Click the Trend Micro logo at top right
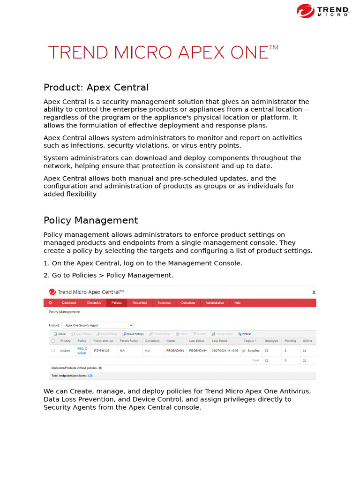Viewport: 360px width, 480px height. (323, 11)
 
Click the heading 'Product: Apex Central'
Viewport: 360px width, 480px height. (96, 88)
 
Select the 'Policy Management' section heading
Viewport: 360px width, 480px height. (90, 220)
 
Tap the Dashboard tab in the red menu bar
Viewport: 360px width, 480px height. (69, 303)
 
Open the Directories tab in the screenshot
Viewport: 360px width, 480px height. (94, 303)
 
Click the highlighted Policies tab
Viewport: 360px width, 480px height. (116, 303)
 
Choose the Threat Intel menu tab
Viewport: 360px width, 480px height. (140, 303)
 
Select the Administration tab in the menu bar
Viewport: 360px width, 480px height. (215, 303)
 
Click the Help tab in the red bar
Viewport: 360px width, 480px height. (237, 303)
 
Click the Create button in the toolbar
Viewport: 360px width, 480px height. (60, 334)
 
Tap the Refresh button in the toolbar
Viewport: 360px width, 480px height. (245, 334)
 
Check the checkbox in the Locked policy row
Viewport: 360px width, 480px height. (53, 351)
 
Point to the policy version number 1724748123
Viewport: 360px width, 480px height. (101, 351)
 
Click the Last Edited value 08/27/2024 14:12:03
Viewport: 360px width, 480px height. (225, 351)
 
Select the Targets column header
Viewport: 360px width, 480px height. (250, 341)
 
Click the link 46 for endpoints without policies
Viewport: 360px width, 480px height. (100, 368)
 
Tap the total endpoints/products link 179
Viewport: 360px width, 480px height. (90, 375)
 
